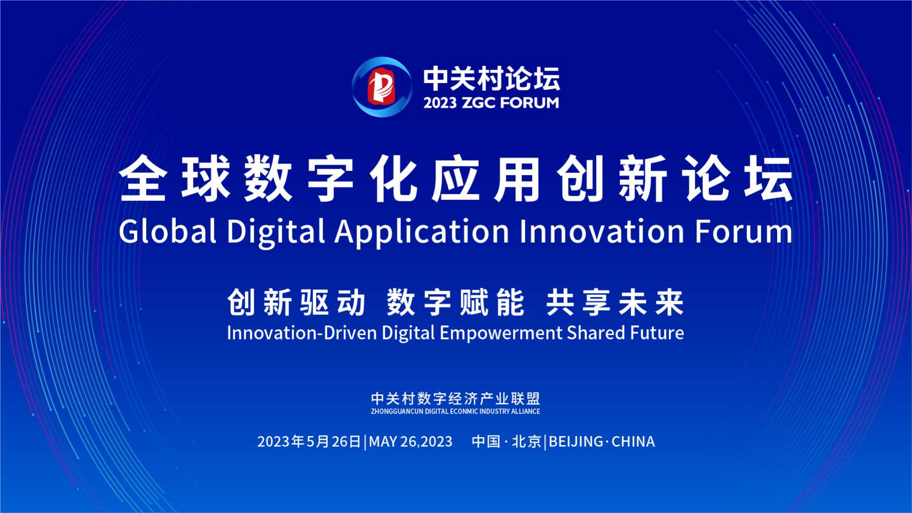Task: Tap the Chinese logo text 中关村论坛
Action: (492, 78)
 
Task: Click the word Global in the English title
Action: (168, 231)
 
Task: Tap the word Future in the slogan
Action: (657, 332)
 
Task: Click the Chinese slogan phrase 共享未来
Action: (615, 302)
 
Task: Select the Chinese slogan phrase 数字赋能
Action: (456, 302)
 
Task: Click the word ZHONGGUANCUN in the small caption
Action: (397, 411)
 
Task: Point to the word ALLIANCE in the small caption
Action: (525, 411)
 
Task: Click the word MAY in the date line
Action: (383, 442)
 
